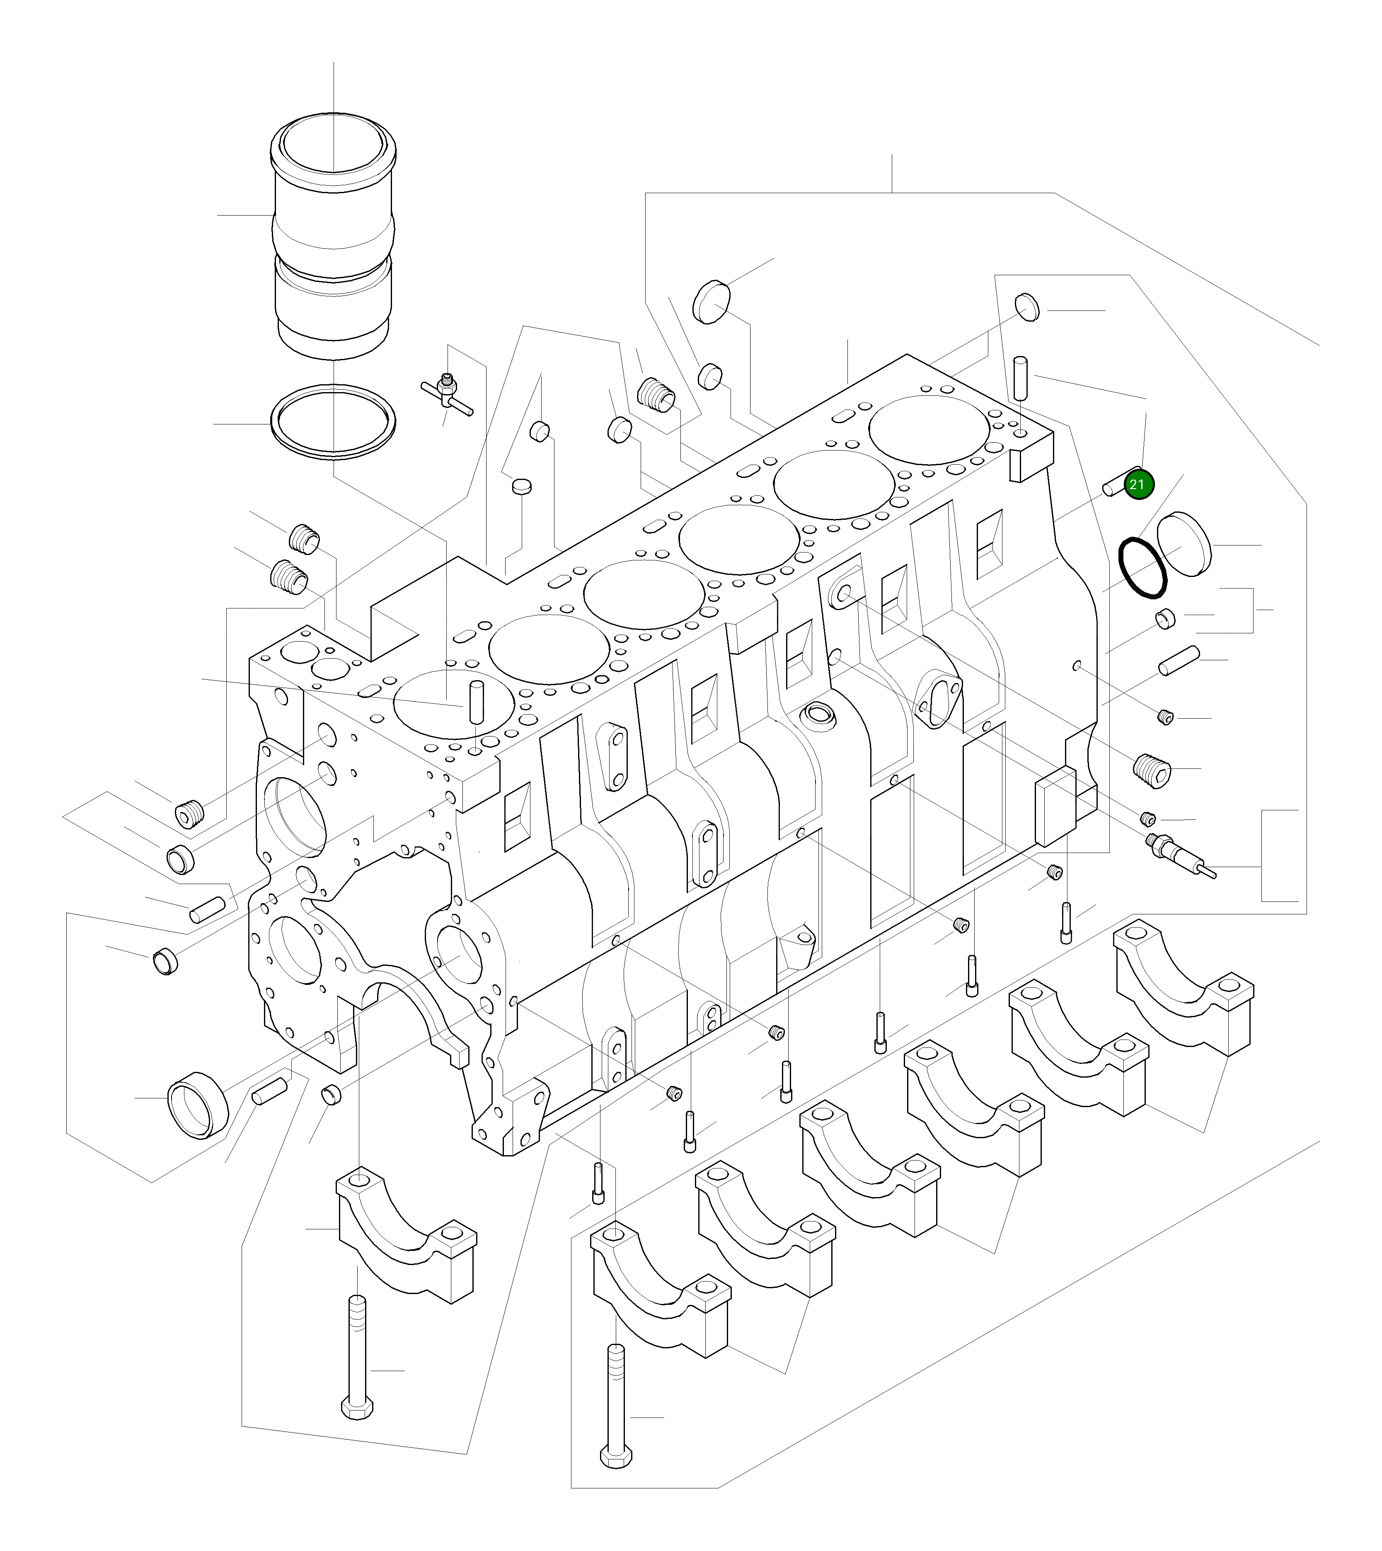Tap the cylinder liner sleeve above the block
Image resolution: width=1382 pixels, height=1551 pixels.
[x=334, y=235]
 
